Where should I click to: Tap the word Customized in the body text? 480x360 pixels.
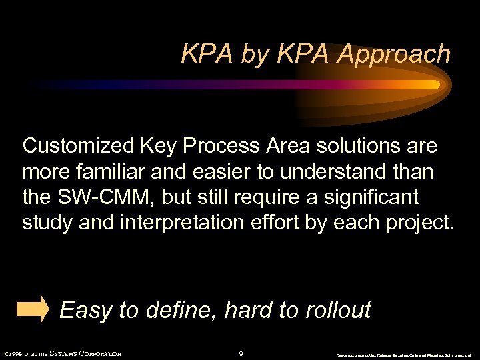77,145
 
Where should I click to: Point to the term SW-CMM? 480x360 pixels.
99,197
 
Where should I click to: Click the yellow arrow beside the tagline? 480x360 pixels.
33,309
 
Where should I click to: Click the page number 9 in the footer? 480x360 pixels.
241,353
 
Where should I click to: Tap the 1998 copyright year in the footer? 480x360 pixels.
15,353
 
